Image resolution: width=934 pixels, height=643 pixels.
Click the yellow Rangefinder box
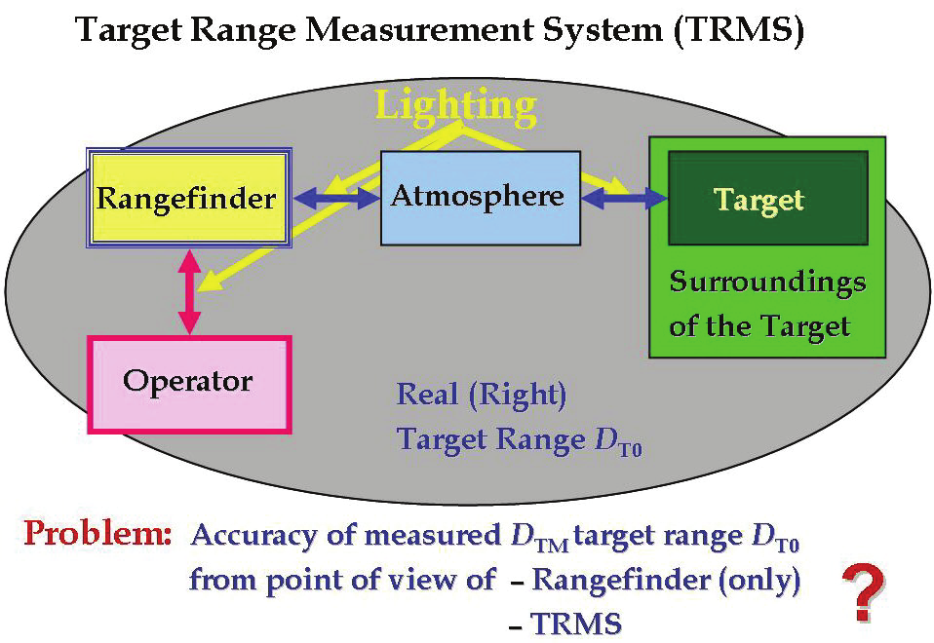click(186, 199)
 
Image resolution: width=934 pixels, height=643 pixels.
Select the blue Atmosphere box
click(479, 197)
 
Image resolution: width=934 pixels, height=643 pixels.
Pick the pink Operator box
click(188, 382)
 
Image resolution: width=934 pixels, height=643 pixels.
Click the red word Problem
click(97, 535)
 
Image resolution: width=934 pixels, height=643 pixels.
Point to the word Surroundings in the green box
click(767, 284)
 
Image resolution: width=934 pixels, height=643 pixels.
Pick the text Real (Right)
click(482, 396)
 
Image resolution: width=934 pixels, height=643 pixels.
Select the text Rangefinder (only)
click(667, 581)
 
